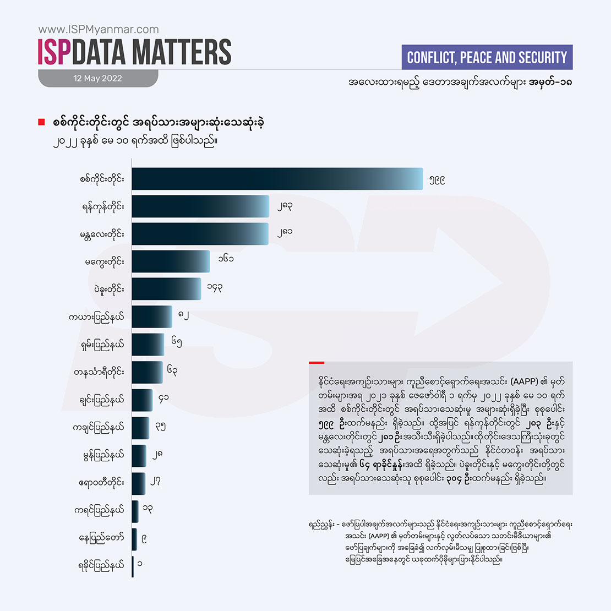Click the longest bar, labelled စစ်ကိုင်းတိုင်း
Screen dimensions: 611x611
pyautogui.click(x=277, y=179)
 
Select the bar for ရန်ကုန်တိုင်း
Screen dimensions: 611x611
pyautogui.click(x=200, y=206)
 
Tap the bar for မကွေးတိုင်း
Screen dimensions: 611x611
pyautogui.click(x=171, y=261)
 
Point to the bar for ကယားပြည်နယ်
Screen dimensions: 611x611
pyautogui.click(x=152, y=317)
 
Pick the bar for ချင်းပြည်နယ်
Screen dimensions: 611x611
pyautogui.click(x=142, y=400)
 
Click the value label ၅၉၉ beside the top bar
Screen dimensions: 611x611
pyautogui.click(x=437, y=179)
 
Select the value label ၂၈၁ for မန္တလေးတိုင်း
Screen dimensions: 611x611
pyautogui.click(x=285, y=232)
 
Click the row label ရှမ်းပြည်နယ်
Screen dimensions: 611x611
pyautogui.click(x=102, y=345)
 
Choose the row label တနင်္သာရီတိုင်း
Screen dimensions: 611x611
pyautogui.click(x=99, y=373)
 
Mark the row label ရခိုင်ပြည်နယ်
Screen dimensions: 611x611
pyautogui.click(x=101, y=565)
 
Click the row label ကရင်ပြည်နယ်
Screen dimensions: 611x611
pyautogui.click(x=100, y=510)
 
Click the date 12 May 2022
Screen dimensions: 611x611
pyautogui.click(x=97, y=78)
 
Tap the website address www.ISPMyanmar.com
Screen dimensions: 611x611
pyautogui.click(x=99, y=30)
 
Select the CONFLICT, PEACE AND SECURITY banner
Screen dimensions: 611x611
pyautogui.click(x=487, y=57)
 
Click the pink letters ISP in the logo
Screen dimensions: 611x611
pyautogui.click(x=54, y=52)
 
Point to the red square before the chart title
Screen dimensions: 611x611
pyautogui.click(x=41, y=122)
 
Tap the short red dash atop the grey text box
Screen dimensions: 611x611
pyautogui.click(x=317, y=363)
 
